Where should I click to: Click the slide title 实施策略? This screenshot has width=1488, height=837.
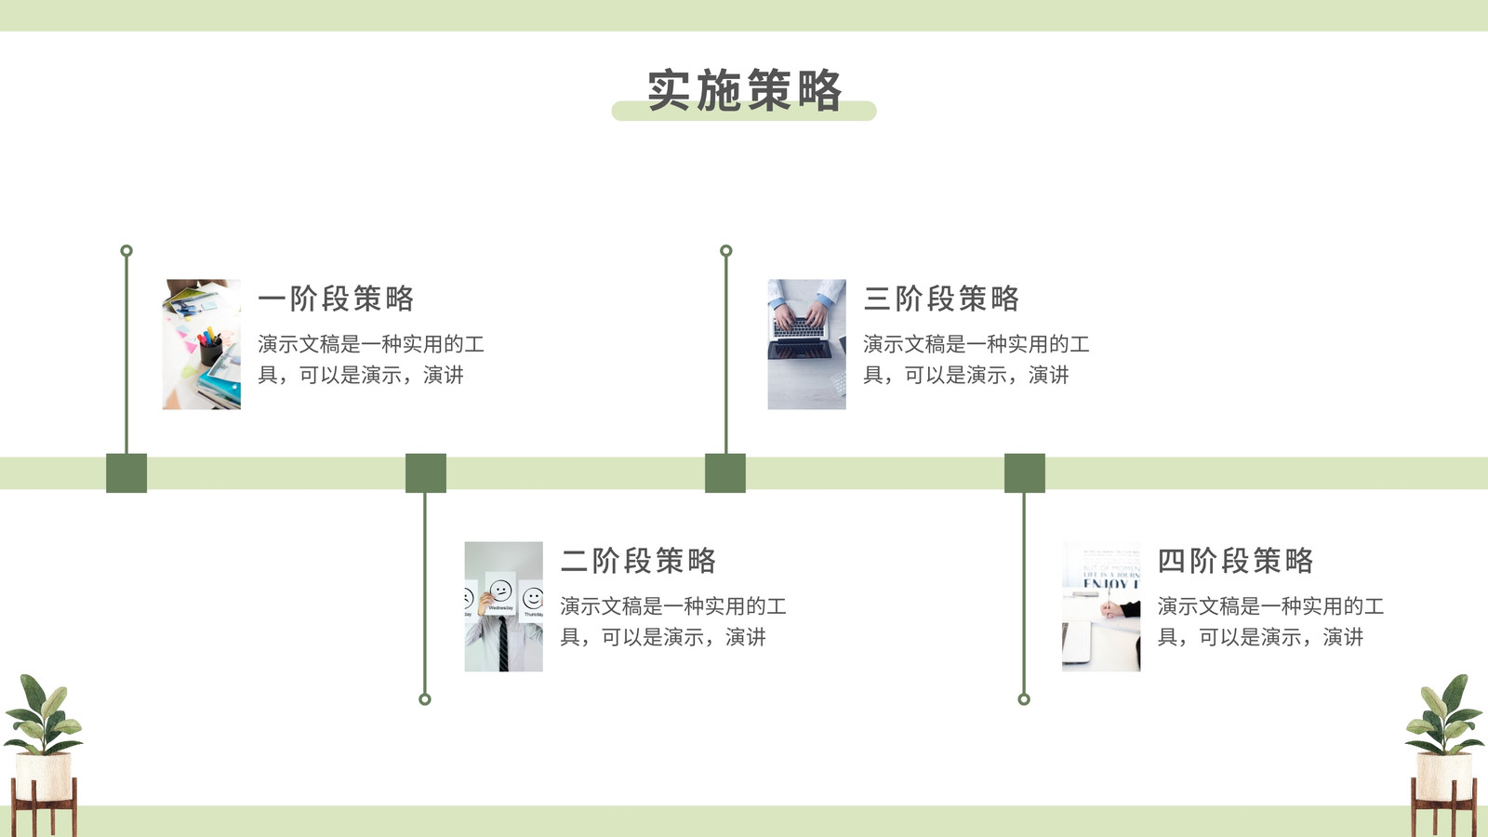745,89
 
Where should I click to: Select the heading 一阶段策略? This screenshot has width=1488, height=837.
336,299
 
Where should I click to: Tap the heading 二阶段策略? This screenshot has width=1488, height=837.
638,561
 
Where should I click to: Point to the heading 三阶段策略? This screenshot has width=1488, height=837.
941,299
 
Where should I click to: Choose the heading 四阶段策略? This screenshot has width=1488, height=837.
1236,561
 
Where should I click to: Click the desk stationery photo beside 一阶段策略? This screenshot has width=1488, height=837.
201,344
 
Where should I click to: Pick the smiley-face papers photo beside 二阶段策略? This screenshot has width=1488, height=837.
503,606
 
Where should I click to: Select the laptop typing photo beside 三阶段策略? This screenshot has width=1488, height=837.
807,344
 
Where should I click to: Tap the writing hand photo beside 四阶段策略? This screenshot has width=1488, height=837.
1101,606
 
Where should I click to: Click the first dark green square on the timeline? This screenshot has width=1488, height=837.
126,473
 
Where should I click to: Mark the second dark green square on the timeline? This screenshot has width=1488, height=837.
426,473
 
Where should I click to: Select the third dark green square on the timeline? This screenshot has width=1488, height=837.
725,473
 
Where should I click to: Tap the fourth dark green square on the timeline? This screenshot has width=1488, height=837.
1024,473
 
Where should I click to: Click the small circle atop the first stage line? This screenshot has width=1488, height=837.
126,250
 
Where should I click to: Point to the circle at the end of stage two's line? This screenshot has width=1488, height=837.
425,698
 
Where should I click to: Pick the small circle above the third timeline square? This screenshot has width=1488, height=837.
726,250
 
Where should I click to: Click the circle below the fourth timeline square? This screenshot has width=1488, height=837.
1024,698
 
